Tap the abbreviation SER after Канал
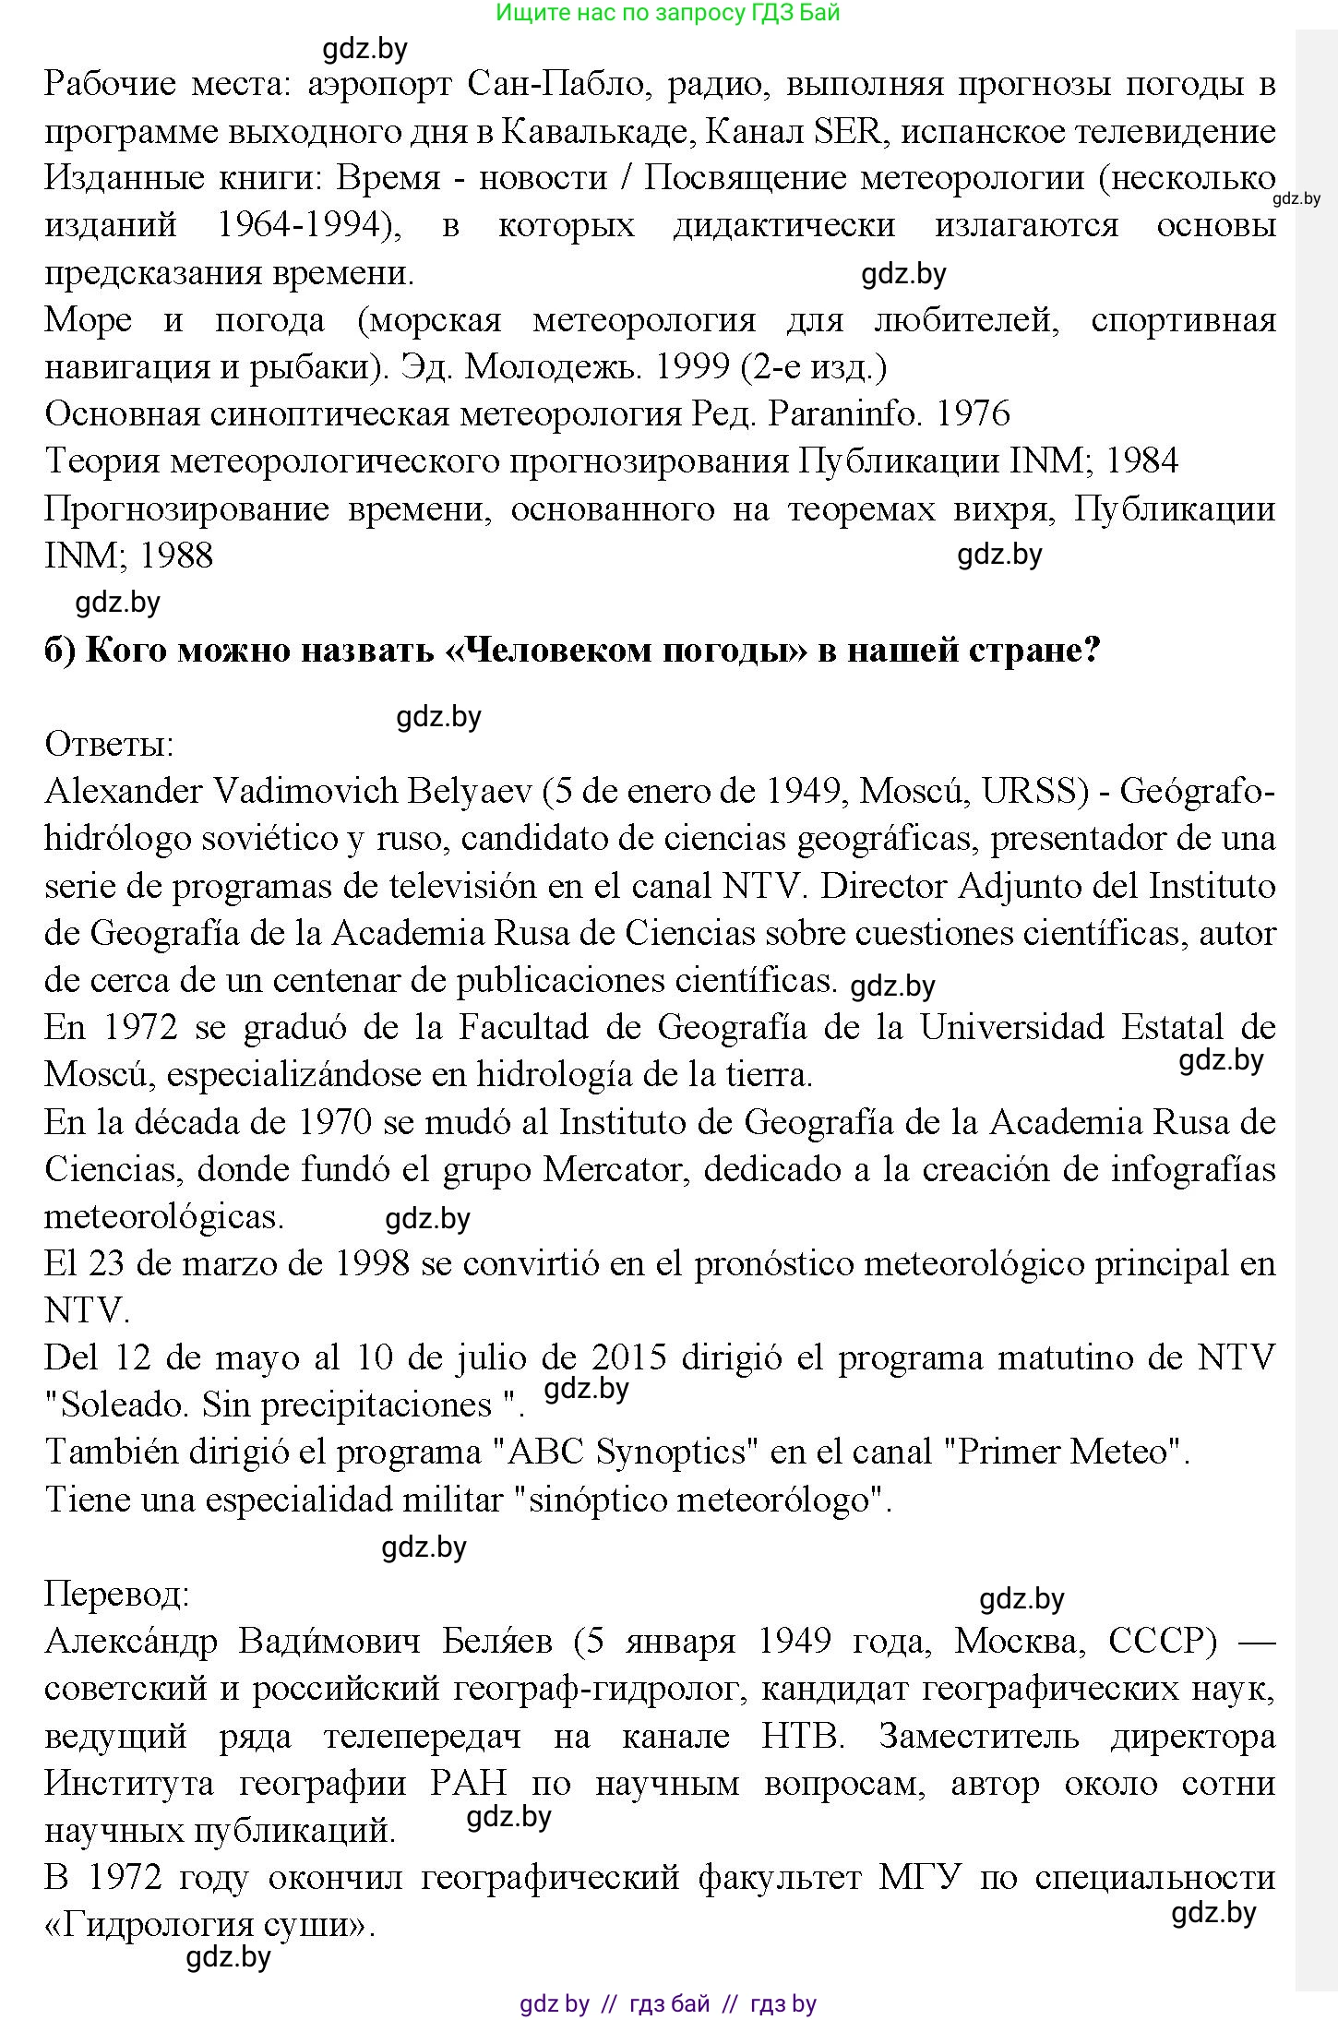tap(846, 131)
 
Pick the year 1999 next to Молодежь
tap(691, 367)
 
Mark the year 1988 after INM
tap(177, 556)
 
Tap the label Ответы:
tap(109, 744)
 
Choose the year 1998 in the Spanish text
tap(372, 1263)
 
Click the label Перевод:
tap(117, 1594)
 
